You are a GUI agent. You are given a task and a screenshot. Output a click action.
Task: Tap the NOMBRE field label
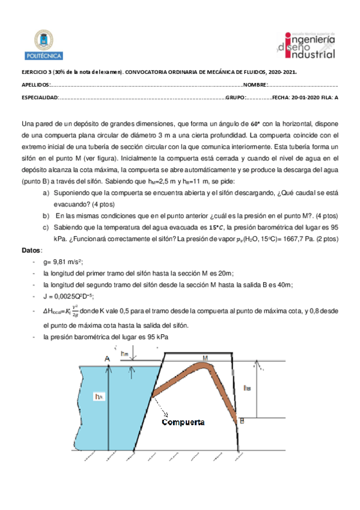coord(255,85)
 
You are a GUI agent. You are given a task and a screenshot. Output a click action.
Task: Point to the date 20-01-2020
coord(304,98)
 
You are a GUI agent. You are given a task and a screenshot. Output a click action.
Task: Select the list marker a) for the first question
coord(46,193)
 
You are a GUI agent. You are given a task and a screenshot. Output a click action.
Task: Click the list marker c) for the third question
coord(46,227)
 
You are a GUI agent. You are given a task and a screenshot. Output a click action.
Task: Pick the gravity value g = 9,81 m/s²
coord(63,262)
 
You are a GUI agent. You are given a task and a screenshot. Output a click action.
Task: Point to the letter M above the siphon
coord(205,358)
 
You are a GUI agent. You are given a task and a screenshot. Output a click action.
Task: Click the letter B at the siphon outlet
coord(242,421)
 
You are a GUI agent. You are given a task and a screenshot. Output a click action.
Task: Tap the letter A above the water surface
coord(108,359)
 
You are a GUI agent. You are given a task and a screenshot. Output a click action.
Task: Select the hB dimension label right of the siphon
coord(247,389)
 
